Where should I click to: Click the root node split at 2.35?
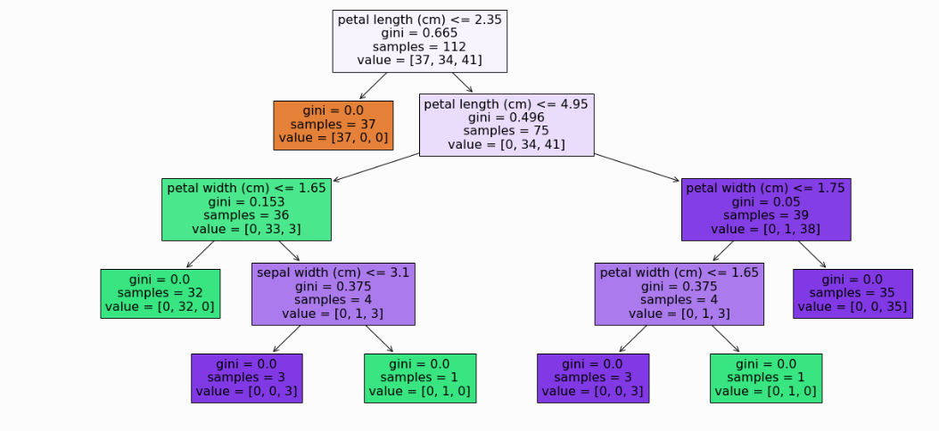420,41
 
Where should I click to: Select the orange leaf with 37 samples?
333,125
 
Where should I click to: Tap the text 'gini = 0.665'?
420,33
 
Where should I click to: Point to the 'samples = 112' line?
420,47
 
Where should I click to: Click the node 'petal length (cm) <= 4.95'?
507,124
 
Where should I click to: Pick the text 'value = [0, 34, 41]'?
507,144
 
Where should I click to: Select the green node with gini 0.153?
246,208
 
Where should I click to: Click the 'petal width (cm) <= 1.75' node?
766,208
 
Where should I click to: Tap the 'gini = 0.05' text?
766,201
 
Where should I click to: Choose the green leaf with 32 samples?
160,293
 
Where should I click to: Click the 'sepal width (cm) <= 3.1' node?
334,293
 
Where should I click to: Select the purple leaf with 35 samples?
853,293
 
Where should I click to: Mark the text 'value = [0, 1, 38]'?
766,229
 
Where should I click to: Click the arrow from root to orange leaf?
373,85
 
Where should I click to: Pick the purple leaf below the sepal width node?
247,378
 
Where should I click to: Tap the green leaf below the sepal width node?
420,378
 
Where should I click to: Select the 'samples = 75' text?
507,131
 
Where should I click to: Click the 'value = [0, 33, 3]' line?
246,229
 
